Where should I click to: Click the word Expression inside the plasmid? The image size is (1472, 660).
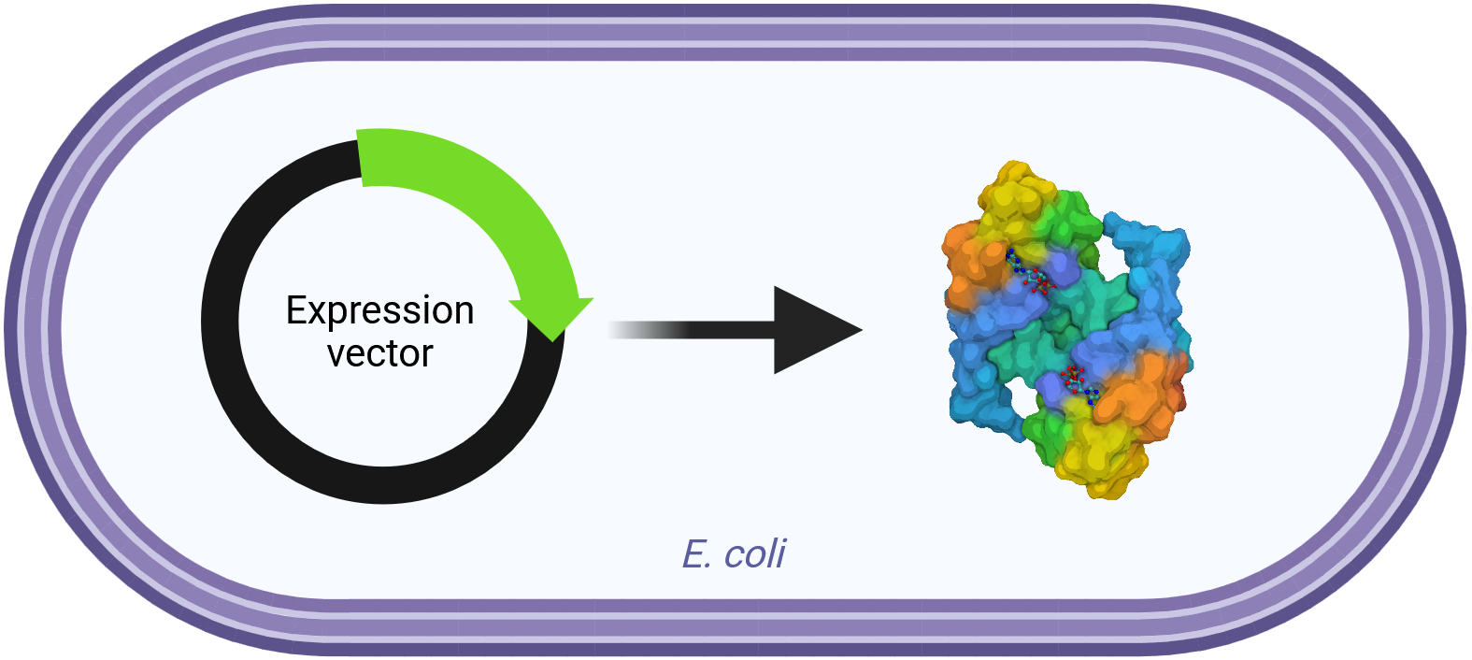(x=379, y=310)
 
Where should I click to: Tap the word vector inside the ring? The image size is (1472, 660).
(x=379, y=354)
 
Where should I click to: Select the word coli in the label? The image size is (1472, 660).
(x=754, y=554)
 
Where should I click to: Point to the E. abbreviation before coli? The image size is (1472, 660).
(x=697, y=554)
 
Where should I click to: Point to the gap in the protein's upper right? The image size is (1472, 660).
(x=1117, y=252)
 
